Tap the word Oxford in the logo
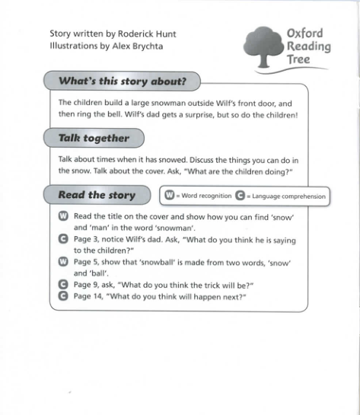[304, 34]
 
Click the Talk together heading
[94, 138]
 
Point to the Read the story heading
[97, 195]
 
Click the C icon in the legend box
[240, 196]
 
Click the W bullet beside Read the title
[63, 217]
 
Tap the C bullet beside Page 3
[63, 239]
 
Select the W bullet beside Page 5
[63, 261]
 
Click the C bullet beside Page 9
[63, 284]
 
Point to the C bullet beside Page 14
[63, 295]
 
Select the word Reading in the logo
[309, 46]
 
